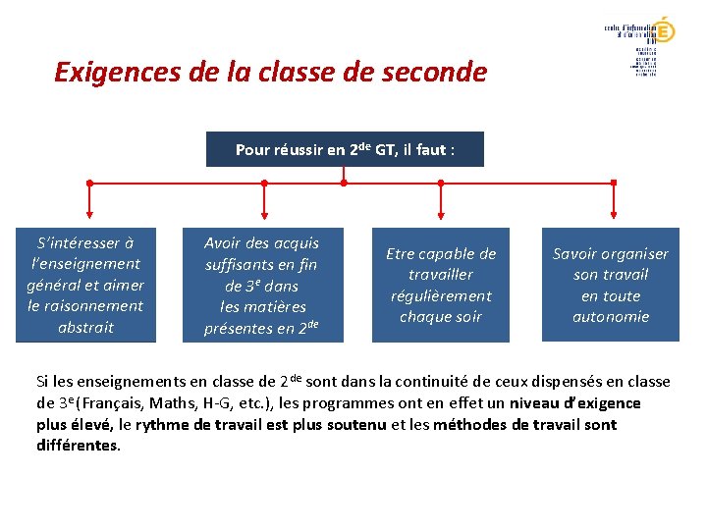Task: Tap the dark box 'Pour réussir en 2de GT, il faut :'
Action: [x=345, y=150]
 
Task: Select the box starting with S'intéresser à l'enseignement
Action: [x=85, y=285]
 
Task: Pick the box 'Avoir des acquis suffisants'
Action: [x=262, y=285]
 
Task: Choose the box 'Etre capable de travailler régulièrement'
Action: [x=441, y=285]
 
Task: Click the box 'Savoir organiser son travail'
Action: [x=611, y=285]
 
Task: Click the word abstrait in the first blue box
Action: [x=85, y=327]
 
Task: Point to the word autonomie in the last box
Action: [x=611, y=316]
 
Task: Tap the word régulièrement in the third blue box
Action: [x=441, y=295]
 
